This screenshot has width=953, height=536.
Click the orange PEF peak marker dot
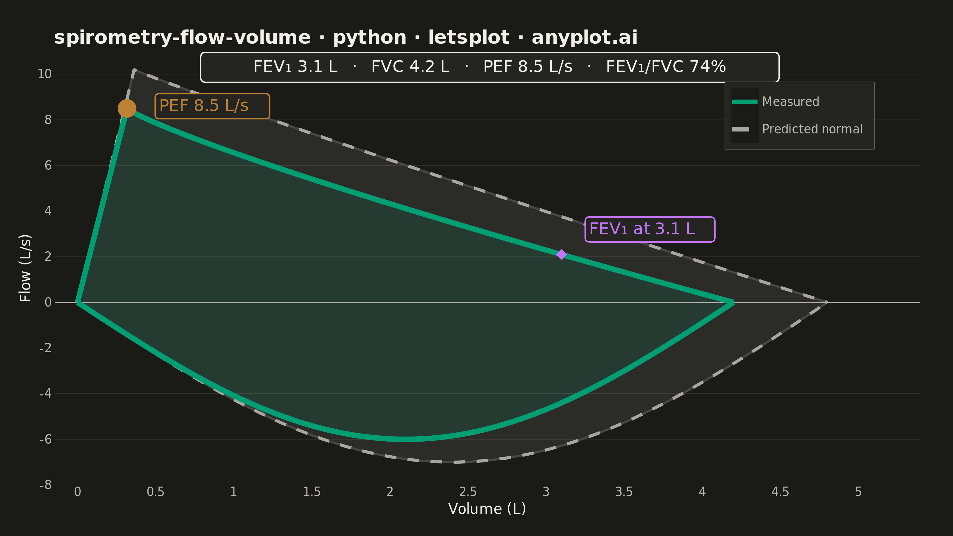coord(127,108)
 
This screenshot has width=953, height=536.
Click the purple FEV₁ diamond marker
coord(562,255)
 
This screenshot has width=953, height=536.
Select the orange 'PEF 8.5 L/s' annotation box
coord(212,106)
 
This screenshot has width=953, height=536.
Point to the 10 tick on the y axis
coord(44,74)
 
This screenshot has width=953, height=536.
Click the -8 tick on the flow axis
coord(46,484)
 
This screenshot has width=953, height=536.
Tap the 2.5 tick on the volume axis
coord(468,492)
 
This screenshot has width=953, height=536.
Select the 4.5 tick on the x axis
coord(780,492)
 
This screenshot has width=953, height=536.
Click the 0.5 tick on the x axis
coord(155,492)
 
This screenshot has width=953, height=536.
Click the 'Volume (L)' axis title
coord(487,509)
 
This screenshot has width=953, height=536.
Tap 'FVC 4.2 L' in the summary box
coord(410,67)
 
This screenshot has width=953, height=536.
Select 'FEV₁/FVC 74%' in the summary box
coord(666,67)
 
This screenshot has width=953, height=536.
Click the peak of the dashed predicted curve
coord(135,70)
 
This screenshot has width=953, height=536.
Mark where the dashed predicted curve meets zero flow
coord(826,302)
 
